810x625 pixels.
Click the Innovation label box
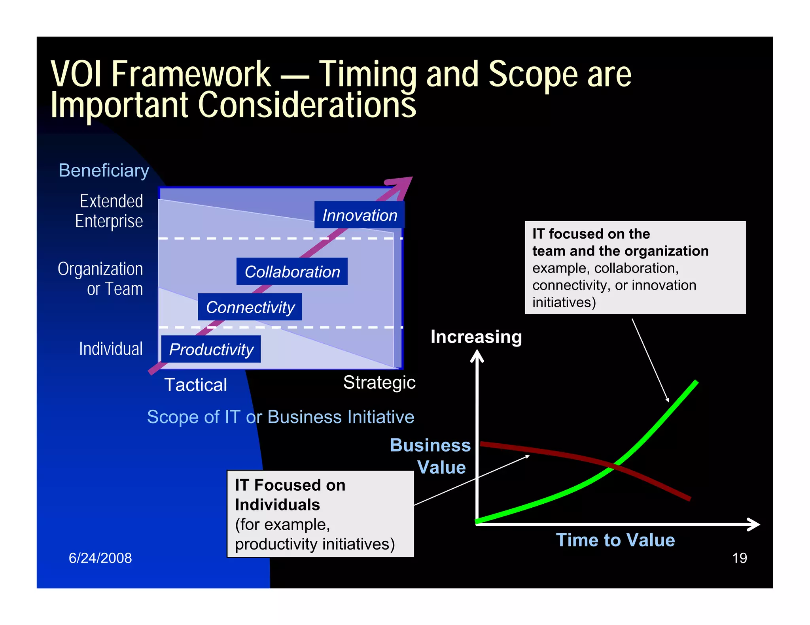359,215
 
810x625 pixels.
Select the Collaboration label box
292,271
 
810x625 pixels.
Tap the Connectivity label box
250,307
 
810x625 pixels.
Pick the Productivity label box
211,349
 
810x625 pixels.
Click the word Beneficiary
104,171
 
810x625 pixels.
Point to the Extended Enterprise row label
109,211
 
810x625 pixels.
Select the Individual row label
111,349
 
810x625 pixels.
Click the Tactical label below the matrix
196,385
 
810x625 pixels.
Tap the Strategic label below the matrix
379,382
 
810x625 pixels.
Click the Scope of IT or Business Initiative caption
280,417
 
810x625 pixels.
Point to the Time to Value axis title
615,540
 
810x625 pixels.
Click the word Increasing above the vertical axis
476,337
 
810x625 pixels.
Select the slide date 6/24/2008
100,558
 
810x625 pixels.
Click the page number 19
739,558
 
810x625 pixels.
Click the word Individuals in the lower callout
277,505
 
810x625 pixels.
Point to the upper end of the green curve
696,382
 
